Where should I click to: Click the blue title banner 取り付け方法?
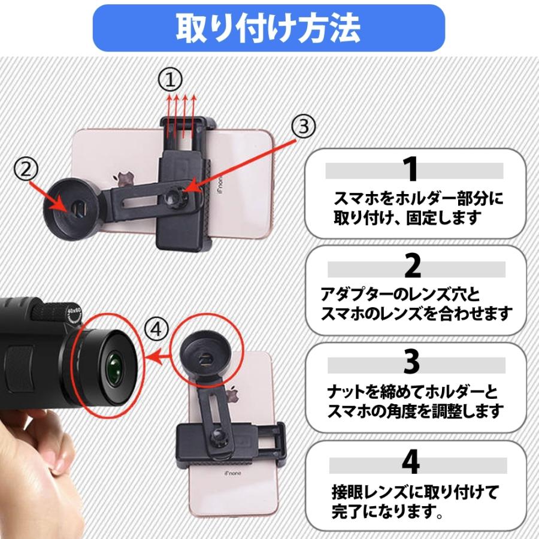(x=269, y=27)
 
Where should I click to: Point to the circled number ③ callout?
(x=302, y=127)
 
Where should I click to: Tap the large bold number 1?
(x=410, y=170)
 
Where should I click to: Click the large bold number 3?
(x=411, y=362)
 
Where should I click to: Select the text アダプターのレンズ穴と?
(x=392, y=294)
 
